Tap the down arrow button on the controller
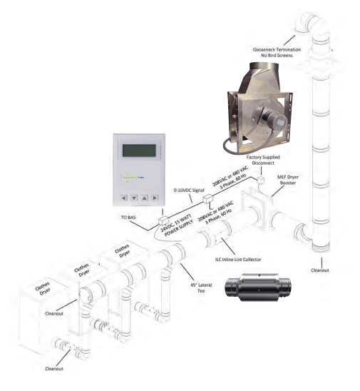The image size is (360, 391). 135,197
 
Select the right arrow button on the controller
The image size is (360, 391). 155,197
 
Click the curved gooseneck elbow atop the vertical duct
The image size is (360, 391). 302,32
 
